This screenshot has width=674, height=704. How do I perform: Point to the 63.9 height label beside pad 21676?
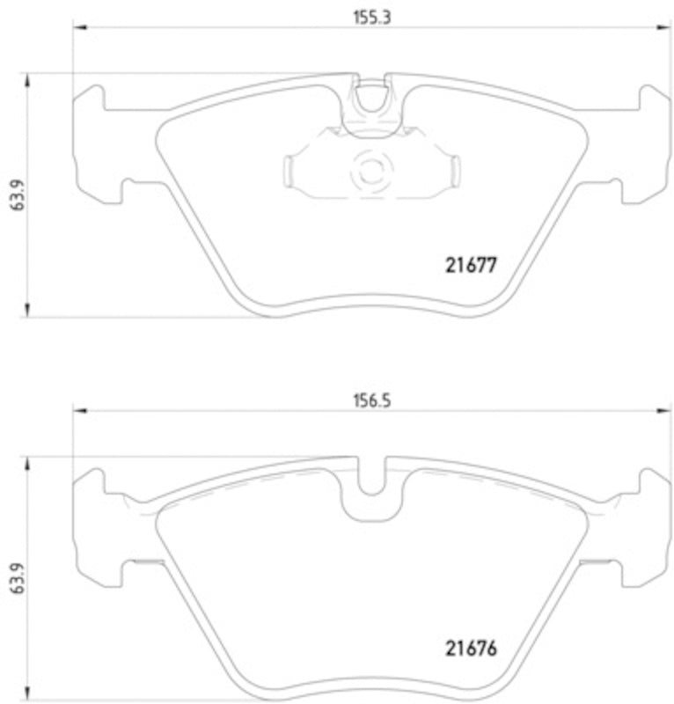[x=16, y=579]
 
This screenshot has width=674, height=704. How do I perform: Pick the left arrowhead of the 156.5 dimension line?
[x=79, y=411]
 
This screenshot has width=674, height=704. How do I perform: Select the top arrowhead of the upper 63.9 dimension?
[x=29, y=80]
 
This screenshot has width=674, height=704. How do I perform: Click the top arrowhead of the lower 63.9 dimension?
[x=29, y=464]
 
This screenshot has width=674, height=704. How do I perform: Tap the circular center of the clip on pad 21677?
[x=369, y=168]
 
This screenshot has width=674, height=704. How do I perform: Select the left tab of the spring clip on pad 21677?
[x=291, y=169]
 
